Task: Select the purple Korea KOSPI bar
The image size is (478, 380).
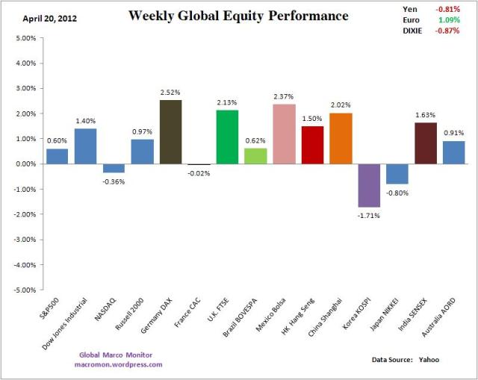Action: point(369,185)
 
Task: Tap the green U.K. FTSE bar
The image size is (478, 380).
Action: point(228,137)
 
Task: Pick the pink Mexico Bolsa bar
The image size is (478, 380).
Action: point(284,134)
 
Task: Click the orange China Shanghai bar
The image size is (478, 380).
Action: point(341,138)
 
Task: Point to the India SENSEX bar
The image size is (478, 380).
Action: point(425,143)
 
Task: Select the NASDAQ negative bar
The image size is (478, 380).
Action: point(114,168)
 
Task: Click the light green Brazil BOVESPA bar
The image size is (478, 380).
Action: point(255,156)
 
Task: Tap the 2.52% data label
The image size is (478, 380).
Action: point(171,93)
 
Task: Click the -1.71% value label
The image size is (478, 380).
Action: point(369,215)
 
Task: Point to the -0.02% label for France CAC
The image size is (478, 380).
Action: point(199,173)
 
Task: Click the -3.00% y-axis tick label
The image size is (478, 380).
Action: point(23,239)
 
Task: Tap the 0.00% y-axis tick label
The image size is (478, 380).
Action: point(24,163)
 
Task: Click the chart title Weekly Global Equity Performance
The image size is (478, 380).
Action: point(238,16)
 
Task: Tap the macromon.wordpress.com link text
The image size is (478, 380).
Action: point(119,364)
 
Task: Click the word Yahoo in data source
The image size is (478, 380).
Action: point(429,360)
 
